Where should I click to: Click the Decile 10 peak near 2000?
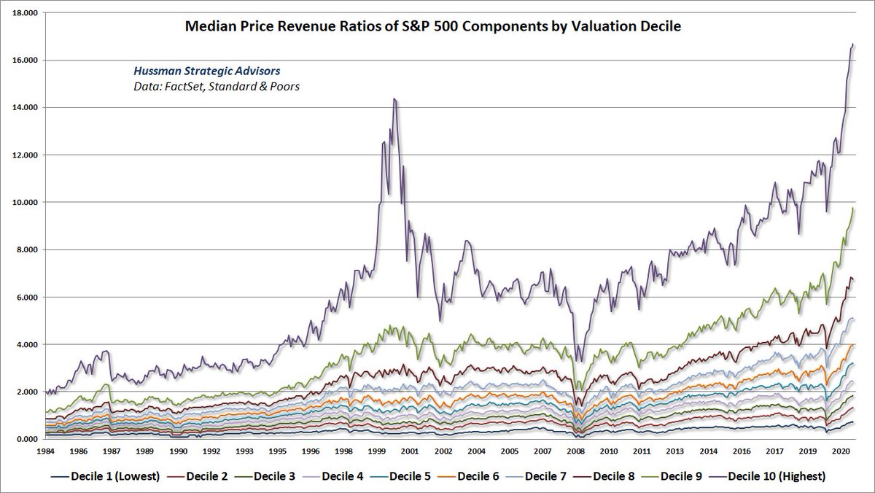click(x=394, y=99)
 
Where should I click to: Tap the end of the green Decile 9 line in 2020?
click(x=853, y=209)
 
